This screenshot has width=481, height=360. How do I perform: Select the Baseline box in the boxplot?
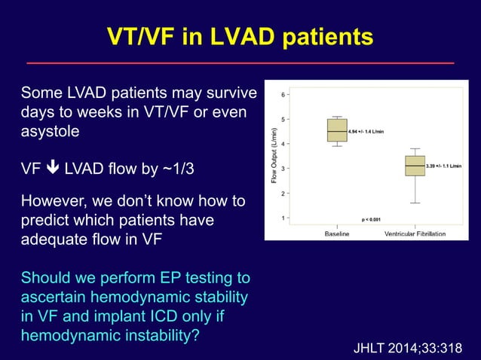(337, 130)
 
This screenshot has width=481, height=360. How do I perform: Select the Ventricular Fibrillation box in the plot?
(415, 165)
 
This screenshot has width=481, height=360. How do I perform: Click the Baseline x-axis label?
(337, 233)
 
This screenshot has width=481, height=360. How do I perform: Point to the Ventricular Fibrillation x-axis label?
(415, 233)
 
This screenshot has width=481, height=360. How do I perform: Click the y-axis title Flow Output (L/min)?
(274, 156)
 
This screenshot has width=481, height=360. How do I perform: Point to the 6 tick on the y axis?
(283, 95)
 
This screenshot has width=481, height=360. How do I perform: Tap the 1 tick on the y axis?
(283, 218)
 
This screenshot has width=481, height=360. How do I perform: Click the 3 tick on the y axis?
(283, 168)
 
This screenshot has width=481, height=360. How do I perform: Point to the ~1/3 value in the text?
(173, 169)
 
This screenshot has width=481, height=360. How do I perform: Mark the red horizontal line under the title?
(240, 63)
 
